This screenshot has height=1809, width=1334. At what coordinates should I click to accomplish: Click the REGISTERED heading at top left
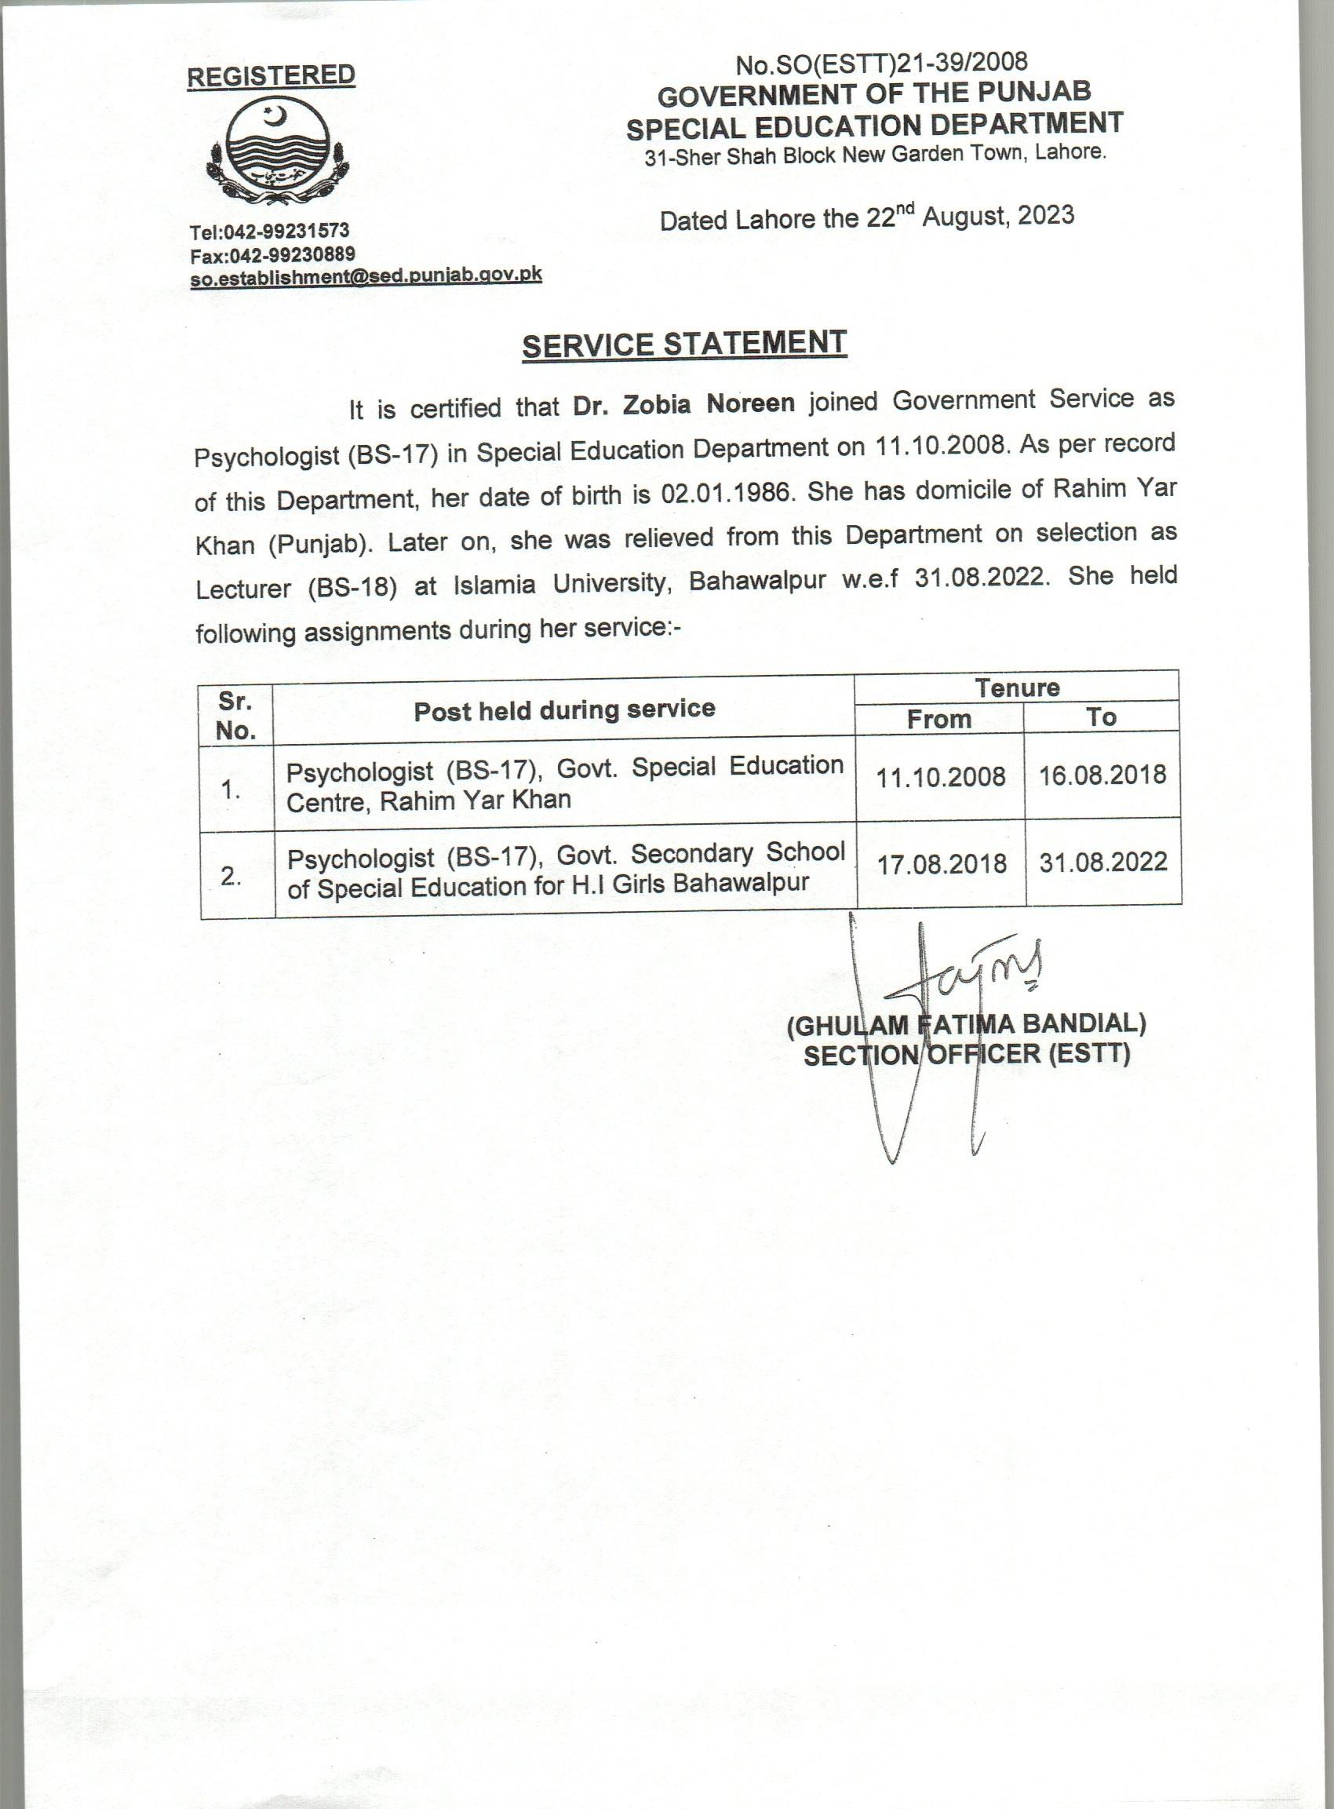[271, 76]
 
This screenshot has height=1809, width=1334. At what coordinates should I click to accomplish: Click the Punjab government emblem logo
[275, 154]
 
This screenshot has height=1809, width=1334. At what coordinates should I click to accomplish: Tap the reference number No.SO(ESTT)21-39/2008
[881, 62]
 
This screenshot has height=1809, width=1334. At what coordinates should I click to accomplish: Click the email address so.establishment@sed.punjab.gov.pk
[365, 276]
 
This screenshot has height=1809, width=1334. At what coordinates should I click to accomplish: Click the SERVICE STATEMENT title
[684, 344]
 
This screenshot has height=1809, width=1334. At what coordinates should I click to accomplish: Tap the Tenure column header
[1017, 687]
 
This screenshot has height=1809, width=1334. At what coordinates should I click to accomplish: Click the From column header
[939, 718]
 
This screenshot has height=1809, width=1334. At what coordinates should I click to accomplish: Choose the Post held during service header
[564, 710]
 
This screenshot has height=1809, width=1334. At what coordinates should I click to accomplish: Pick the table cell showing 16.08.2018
[1103, 775]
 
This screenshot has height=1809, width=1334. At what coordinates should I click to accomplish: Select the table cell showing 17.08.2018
[942, 864]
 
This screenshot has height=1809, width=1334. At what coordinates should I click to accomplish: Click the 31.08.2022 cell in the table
[1103, 863]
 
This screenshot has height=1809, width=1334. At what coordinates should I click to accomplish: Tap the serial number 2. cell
[231, 876]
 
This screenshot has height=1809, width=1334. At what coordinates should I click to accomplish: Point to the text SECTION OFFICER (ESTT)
[967, 1055]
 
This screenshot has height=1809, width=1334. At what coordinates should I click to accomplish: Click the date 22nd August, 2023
[970, 217]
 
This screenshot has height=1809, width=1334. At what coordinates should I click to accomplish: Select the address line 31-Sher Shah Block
[874, 155]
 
